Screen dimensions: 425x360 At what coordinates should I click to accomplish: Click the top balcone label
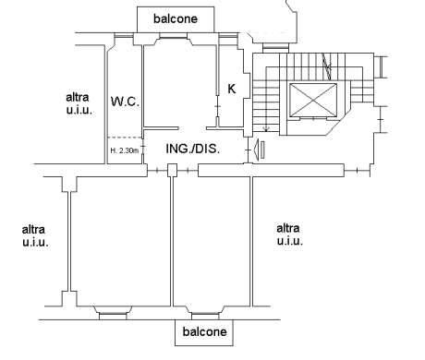point(176,18)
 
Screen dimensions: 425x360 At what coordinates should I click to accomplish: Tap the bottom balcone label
point(204,331)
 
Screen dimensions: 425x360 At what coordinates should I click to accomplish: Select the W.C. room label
point(125,102)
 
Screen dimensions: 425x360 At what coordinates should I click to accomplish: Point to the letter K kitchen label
point(232,89)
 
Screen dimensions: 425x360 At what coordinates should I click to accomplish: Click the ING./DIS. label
point(193,149)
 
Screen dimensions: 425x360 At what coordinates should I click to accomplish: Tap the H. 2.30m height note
point(125,150)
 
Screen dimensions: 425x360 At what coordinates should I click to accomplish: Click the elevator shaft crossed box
point(313,100)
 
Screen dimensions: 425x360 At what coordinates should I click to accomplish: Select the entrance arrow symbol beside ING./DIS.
point(259,150)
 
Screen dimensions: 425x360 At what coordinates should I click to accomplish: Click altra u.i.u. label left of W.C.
point(79,103)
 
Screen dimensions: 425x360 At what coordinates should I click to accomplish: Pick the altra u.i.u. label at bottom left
point(35,236)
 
